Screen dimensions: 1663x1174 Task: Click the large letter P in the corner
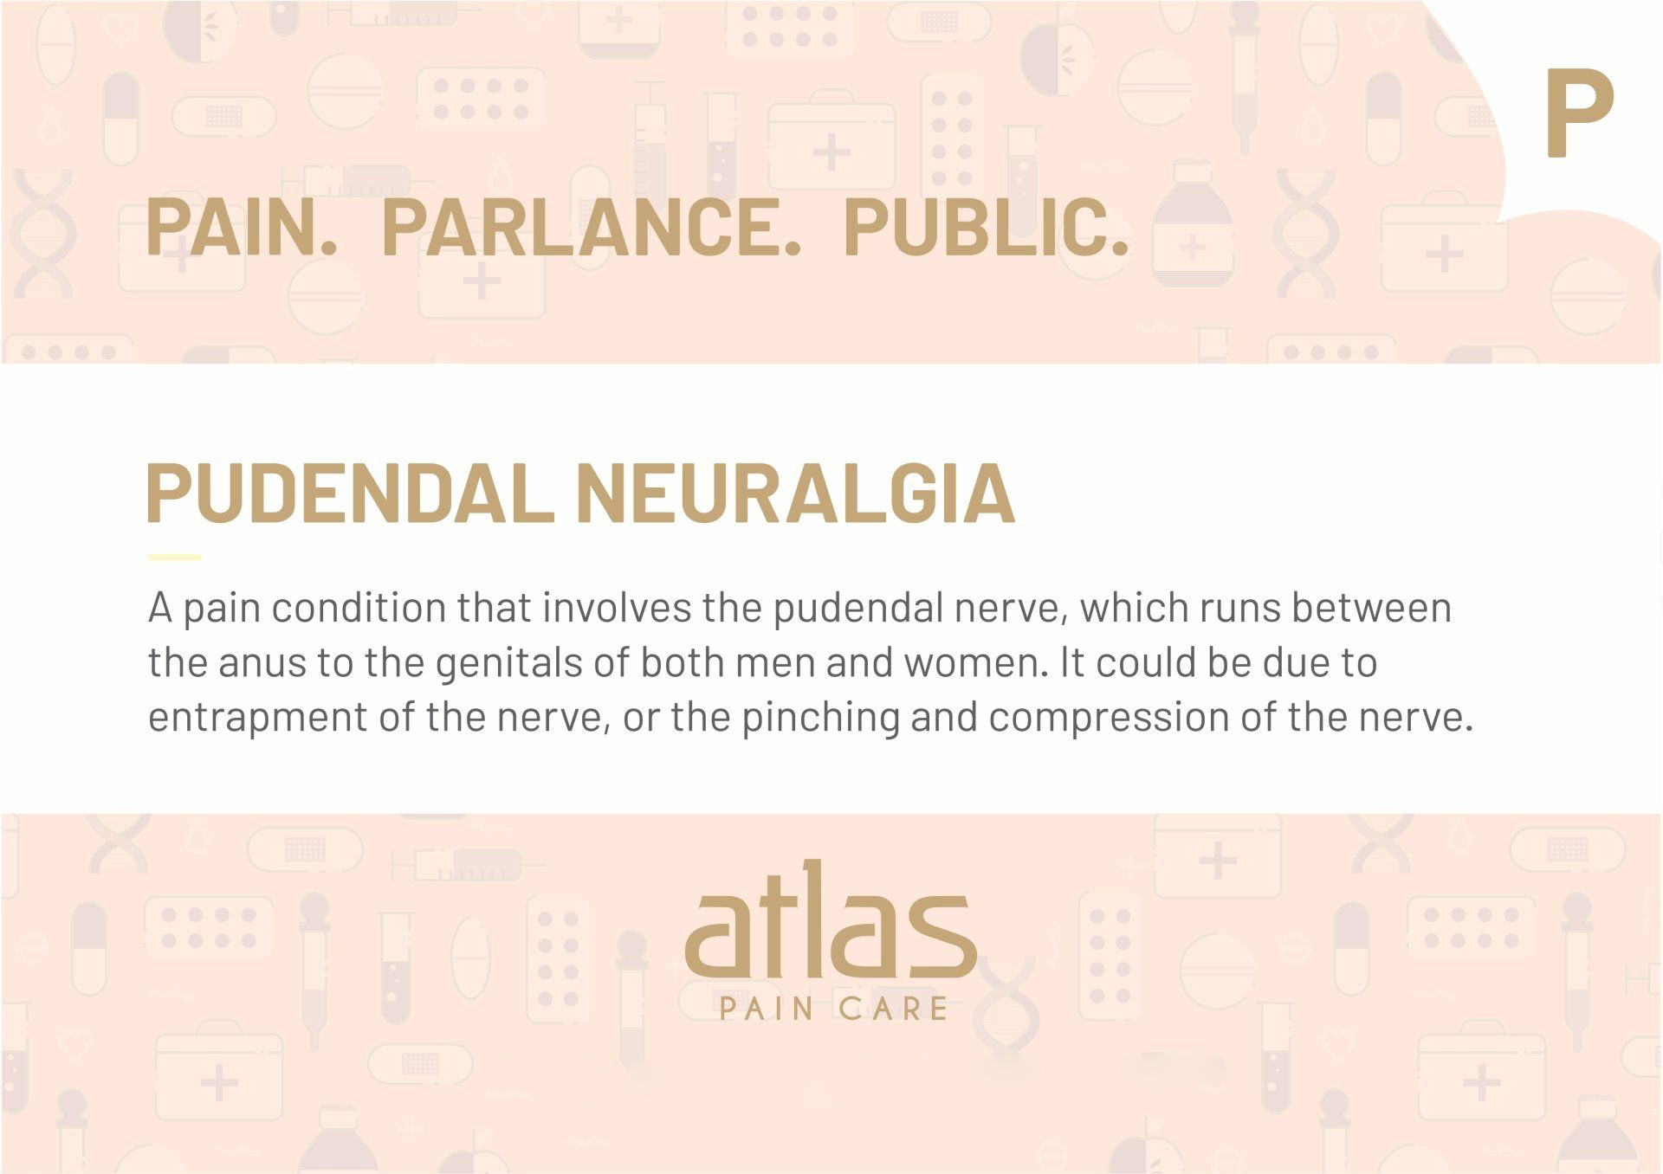pyautogui.click(x=1579, y=113)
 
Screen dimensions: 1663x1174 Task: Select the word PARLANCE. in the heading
pyautogui.click(x=591, y=227)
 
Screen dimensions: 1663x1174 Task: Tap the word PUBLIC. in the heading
pyautogui.click(x=987, y=227)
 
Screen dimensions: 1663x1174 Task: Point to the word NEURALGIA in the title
pyautogui.click(x=795, y=493)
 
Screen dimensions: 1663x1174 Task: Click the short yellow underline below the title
pyautogui.click(x=174, y=558)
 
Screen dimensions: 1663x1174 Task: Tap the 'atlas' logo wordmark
pyautogui.click(x=831, y=919)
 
